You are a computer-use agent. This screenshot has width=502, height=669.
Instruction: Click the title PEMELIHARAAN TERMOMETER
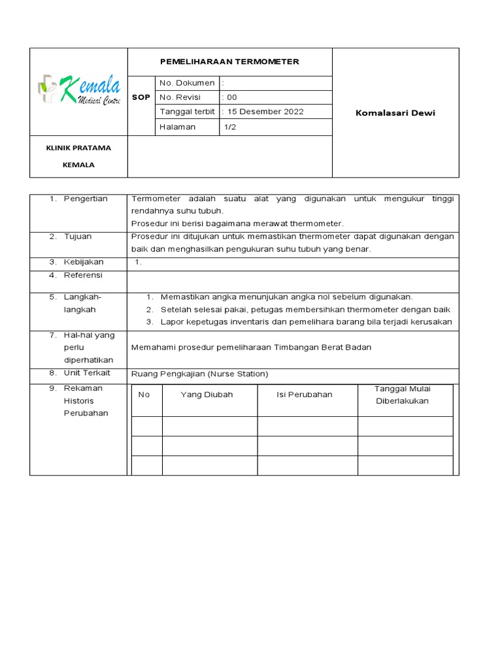pos(229,61)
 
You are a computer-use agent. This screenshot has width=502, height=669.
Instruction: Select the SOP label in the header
pos(141,97)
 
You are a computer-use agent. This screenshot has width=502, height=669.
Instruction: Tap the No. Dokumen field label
pos(187,83)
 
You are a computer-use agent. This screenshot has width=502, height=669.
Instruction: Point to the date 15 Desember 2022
pos(265,112)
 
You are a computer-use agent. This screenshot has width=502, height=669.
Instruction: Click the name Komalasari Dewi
pos(395,113)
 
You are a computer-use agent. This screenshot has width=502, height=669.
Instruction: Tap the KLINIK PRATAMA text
pos(78,148)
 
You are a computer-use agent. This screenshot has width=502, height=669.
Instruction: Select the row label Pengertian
pos(85,199)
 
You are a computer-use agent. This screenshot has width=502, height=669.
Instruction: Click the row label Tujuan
pos(77,237)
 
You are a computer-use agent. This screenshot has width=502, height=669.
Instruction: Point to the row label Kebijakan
pos(83,262)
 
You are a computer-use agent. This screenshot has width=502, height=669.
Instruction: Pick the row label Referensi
pos(83,275)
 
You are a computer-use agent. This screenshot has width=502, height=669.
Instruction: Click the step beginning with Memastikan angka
pos(286,297)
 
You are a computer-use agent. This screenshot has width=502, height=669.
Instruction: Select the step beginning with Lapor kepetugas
pos(306,321)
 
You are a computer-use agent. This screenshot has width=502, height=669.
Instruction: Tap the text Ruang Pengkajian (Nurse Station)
pos(199,374)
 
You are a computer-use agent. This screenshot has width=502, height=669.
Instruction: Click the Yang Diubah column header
pos(207,395)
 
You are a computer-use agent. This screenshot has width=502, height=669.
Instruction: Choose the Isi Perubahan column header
pos(305,395)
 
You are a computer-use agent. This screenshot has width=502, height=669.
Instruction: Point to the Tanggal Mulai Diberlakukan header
pos(402,395)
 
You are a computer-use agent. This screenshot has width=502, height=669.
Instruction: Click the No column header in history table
pos(144,395)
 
